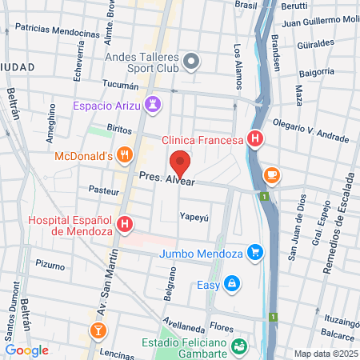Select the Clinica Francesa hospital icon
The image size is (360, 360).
[254, 140]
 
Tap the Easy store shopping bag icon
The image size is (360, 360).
[231, 283]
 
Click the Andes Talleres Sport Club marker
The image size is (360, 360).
[190, 62]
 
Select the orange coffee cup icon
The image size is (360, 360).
[272, 174]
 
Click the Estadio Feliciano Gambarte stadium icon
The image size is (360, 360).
[238, 346]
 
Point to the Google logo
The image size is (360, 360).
[26, 350]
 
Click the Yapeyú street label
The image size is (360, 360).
[194, 216]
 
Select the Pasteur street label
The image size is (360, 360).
[103, 190]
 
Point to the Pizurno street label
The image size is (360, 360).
[50, 264]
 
